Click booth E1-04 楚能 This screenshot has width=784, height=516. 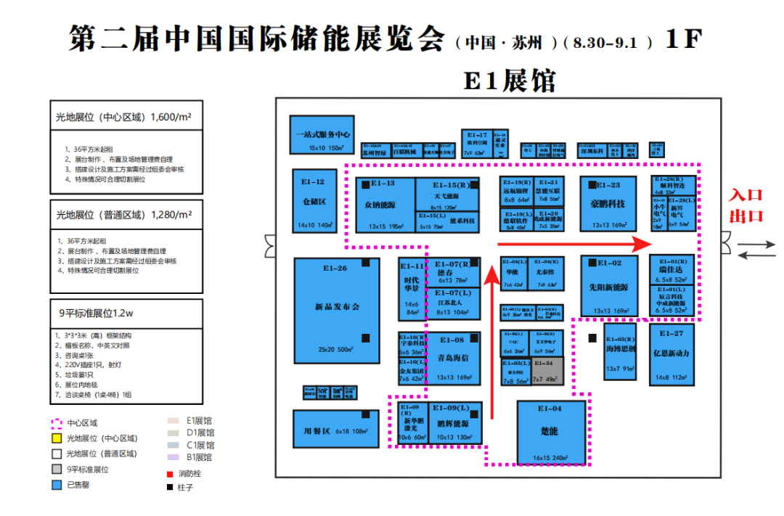pyautogui.click(x=550, y=433)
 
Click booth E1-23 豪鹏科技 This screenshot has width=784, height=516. pyautogui.click(x=608, y=205)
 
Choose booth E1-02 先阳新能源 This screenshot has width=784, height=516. pyautogui.click(x=608, y=287)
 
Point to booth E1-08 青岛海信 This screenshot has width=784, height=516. pyautogui.click(x=454, y=358)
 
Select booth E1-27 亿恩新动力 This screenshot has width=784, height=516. pyautogui.click(x=671, y=354)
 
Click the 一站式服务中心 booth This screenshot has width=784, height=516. pyautogui.click(x=322, y=134)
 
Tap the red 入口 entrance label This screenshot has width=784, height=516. pyautogui.click(x=746, y=195)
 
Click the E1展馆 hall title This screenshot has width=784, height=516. pyautogui.click(x=510, y=79)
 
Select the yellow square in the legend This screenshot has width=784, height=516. pyautogui.click(x=56, y=438)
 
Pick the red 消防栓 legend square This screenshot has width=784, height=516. pyautogui.click(x=169, y=472)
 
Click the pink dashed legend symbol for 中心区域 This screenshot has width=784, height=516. pyautogui.click(x=56, y=422)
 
